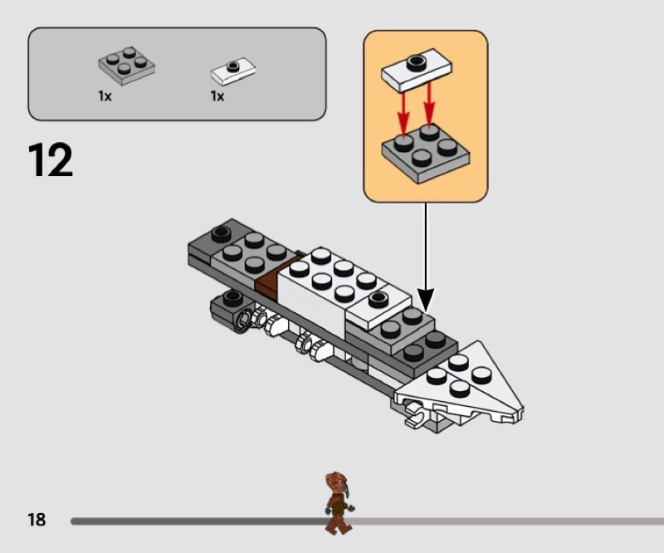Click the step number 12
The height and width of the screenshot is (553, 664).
tap(51, 160)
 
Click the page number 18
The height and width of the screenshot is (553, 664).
tap(37, 520)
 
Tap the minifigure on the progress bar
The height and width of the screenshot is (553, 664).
tap(339, 502)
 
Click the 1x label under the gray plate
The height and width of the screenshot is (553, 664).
tap(105, 96)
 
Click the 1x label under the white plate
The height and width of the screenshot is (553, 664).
tap(217, 96)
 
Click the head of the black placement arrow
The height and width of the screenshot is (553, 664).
tap(426, 298)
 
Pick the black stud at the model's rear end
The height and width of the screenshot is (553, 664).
tap(221, 234)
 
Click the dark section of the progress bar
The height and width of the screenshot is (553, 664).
tap(199, 521)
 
